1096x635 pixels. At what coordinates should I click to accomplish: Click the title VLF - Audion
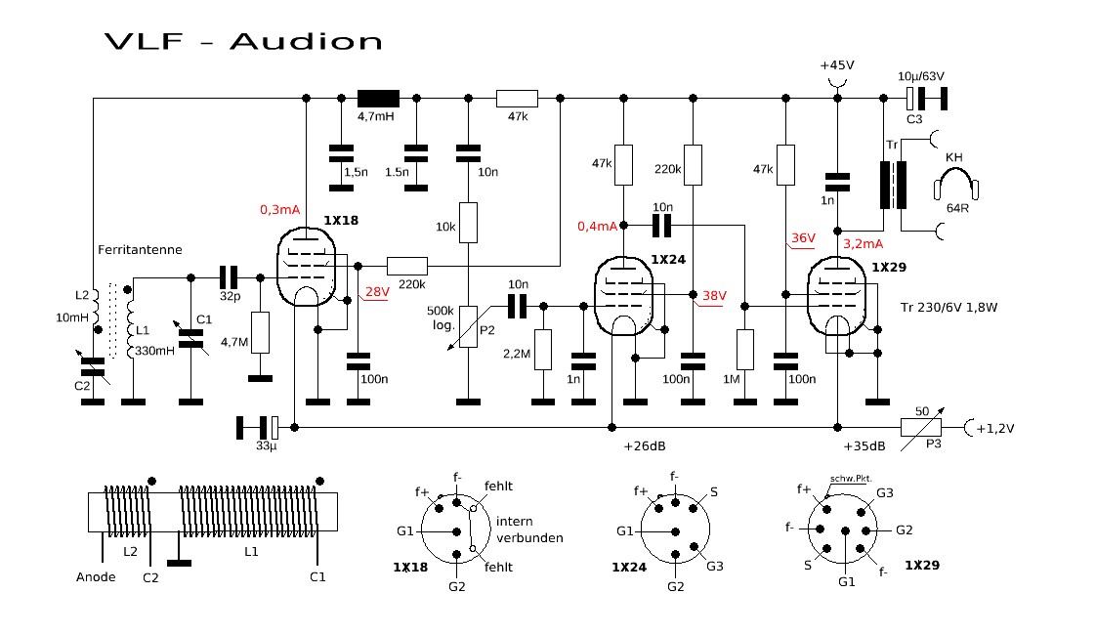243,41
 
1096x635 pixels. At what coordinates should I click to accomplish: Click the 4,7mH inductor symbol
378,98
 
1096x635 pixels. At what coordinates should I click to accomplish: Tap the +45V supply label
836,64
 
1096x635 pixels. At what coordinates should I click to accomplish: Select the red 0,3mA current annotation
280,209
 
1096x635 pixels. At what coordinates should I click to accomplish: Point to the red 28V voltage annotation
376,292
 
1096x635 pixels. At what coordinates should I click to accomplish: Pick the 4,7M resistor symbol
260,332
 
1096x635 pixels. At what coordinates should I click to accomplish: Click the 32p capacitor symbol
230,276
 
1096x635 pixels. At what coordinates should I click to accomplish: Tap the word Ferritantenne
140,250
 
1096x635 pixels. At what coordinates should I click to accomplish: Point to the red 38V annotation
715,295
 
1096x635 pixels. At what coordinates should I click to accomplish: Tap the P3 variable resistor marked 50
921,426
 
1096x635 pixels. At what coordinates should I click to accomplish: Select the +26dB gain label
645,446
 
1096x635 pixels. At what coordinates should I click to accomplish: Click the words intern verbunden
529,529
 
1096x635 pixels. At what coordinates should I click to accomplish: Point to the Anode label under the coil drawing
96,576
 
